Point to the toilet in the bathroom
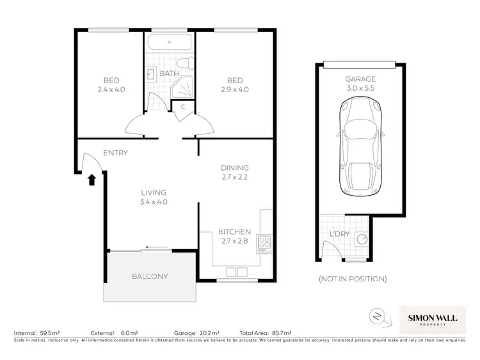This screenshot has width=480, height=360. pos(186,65)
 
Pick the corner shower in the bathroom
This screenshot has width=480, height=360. pos(184,86)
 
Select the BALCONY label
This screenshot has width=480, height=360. pos(150,277)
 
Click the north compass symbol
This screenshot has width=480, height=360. pos(377,316)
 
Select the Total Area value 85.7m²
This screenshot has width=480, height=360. pos(280,334)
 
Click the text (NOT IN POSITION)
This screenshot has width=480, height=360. pos(352,279)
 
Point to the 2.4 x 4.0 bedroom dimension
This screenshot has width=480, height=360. pos(111,90)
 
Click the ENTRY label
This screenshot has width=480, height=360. pos(115,153)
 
